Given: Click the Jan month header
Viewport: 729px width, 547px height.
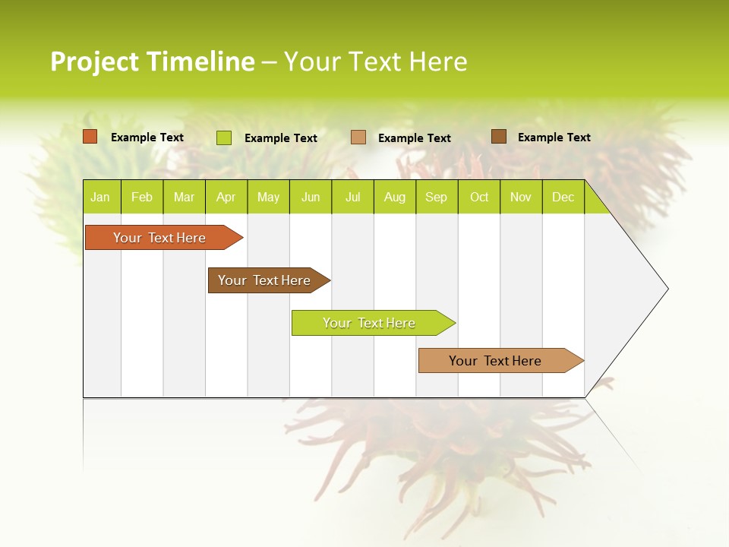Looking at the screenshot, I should [x=101, y=197].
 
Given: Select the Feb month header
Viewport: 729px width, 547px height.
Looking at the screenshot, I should [x=142, y=197].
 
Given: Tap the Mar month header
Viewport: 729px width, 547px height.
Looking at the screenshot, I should [x=184, y=197].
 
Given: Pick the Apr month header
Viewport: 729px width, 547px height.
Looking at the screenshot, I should [x=226, y=197].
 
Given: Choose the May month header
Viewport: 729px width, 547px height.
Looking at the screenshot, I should [x=268, y=197].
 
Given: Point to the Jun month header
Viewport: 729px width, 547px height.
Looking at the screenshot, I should [x=311, y=197].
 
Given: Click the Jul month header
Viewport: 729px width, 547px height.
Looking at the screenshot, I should [x=352, y=197].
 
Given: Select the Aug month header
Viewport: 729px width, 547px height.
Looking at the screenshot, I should [x=395, y=197].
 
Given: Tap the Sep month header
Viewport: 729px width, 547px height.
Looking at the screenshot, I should [x=437, y=197].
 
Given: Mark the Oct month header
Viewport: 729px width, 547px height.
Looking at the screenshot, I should [x=479, y=197].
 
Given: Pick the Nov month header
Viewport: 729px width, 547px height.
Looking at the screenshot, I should [x=521, y=197].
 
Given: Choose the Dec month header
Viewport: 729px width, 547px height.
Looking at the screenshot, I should [x=563, y=197].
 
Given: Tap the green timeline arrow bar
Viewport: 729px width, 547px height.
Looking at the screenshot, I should [x=370, y=323].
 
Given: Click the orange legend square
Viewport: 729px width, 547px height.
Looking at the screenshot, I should [x=90, y=137].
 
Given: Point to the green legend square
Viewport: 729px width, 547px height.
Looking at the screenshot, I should [x=224, y=138].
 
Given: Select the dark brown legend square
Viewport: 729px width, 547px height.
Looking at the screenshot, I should [x=499, y=137].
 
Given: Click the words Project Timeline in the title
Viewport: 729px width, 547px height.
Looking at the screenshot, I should [x=153, y=62].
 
